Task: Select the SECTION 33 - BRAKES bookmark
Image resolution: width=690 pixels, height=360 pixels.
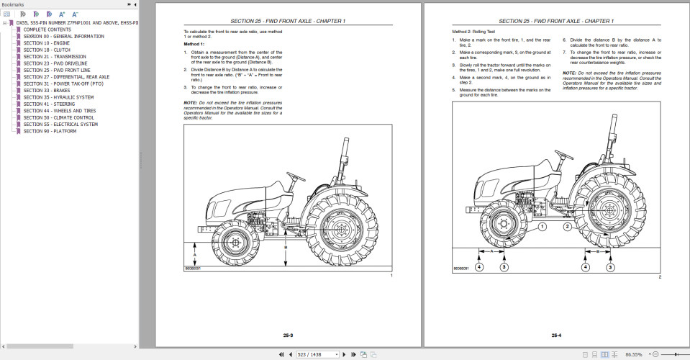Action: (47, 91)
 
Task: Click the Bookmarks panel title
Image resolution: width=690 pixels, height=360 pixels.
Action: (13, 4)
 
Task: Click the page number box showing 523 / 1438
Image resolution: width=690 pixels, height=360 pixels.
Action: (318, 354)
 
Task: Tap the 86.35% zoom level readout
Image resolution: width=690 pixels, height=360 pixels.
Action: (635, 354)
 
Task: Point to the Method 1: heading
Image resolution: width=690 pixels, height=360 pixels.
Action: (194, 45)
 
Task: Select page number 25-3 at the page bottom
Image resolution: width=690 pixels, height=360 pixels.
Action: (288, 335)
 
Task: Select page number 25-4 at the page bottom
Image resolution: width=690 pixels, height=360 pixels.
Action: (556, 335)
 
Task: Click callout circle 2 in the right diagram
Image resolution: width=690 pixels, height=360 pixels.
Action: (567, 225)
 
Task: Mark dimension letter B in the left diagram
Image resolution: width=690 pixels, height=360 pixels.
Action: (286, 246)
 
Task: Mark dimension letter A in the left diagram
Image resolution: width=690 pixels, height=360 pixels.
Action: (194, 254)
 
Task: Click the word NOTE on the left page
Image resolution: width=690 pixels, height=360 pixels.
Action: (190, 103)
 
